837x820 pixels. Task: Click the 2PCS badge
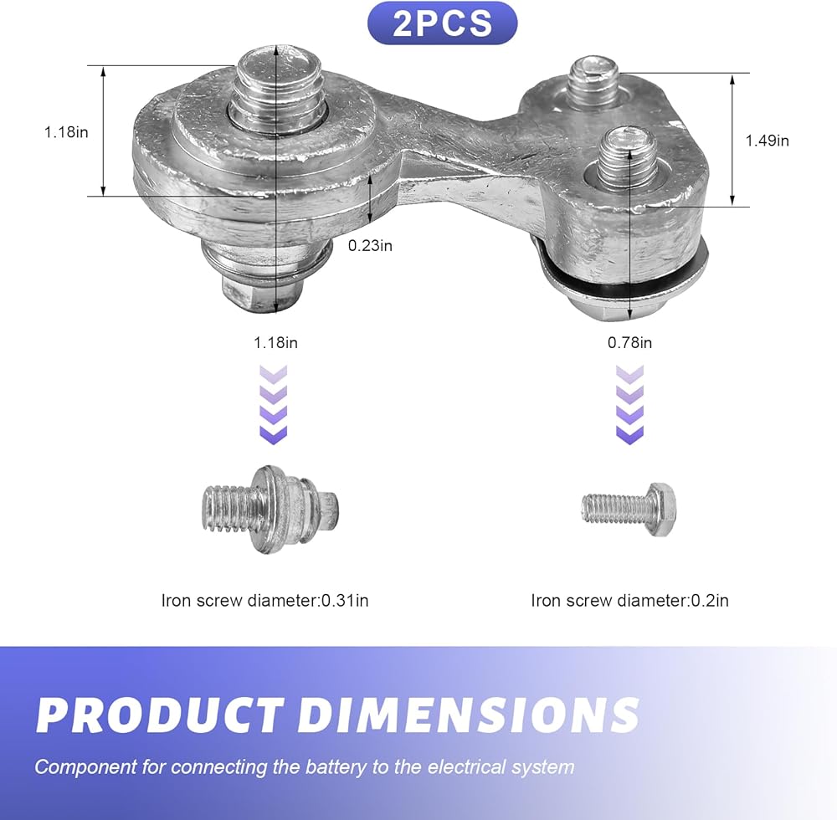click(x=442, y=23)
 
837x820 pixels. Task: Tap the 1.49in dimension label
click(x=767, y=141)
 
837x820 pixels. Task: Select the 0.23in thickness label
click(x=370, y=245)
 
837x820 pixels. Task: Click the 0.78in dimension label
click(x=630, y=342)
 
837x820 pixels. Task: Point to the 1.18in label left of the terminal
click(x=66, y=131)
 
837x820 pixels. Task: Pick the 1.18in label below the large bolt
click(x=275, y=342)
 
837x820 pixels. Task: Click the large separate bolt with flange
click(x=271, y=510)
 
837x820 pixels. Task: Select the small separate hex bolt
click(x=629, y=510)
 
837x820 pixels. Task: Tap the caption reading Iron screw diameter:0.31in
click(x=264, y=601)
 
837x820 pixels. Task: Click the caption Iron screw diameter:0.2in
click(x=630, y=601)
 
